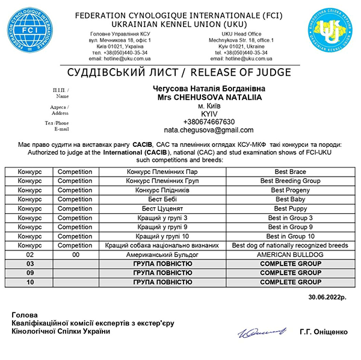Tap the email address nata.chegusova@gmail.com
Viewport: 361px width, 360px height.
pos(209,130)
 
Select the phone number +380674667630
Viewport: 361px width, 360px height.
pos(209,122)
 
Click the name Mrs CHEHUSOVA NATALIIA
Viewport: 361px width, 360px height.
pos(209,96)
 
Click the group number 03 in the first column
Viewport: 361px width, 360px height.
pos(30,264)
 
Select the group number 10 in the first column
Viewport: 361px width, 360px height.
pos(30,282)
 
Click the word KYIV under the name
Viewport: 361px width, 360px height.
pos(209,113)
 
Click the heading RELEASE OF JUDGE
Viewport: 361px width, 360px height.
pos(241,73)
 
